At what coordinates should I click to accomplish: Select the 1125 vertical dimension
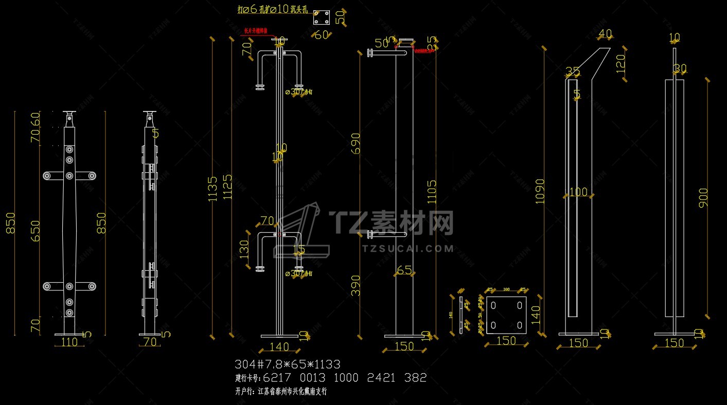click(227, 188)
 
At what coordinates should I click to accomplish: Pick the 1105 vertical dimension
click(432, 192)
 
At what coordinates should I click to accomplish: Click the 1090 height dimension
click(540, 191)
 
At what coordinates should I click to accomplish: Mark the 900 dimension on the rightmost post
click(703, 198)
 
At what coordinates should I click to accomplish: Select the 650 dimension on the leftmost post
click(35, 232)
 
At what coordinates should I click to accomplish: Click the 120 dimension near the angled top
click(620, 63)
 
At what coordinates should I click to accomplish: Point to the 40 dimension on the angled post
click(606, 34)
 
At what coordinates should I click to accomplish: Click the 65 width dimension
click(404, 270)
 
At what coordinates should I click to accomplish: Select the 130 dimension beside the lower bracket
click(245, 250)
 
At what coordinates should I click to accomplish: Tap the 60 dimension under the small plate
click(322, 35)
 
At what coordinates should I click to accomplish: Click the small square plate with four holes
click(322, 18)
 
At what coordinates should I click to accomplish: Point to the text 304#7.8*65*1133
click(287, 364)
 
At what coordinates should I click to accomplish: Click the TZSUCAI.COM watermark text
click(408, 249)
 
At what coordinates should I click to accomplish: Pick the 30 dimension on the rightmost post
click(680, 68)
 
